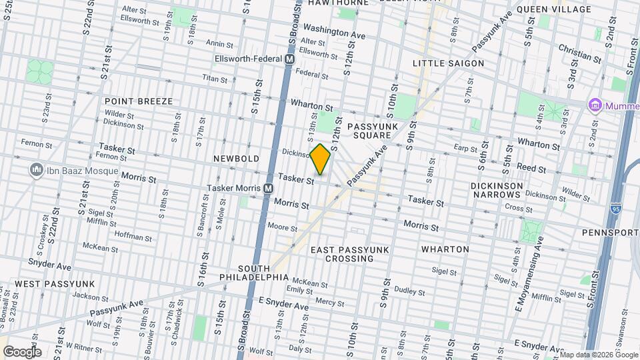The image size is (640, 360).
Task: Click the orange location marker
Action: tap(321, 159)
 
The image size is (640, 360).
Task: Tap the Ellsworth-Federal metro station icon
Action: tap(289, 59)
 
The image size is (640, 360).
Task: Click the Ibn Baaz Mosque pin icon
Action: tap(36, 171)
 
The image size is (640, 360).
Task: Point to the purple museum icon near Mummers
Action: tap(594, 105)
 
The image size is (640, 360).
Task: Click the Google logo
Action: tap(21, 351)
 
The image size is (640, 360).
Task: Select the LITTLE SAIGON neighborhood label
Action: tap(448, 63)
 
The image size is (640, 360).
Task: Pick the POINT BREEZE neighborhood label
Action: tap(139, 101)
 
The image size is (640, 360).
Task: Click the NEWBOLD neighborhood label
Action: tap(236, 159)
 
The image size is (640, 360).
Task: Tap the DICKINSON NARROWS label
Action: tap(495, 189)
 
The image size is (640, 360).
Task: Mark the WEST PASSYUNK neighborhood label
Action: tap(55, 284)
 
